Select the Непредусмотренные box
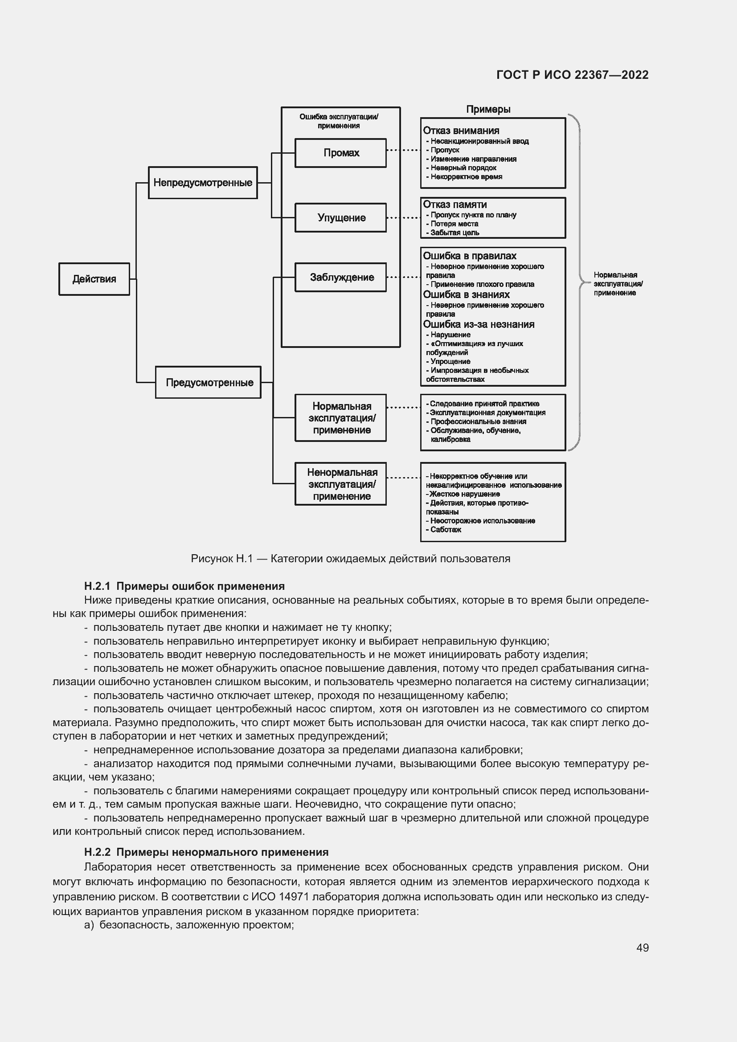point(202,183)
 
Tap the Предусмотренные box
point(208,382)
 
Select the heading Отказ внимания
point(461,131)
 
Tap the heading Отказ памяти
point(455,204)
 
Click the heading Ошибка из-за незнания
point(479,324)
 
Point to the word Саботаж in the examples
point(446,530)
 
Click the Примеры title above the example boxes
point(488,110)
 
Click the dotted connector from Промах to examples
point(403,150)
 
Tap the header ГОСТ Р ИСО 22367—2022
point(572,75)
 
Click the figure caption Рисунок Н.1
point(350,559)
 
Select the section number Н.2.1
point(97,586)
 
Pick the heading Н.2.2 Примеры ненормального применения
point(206,852)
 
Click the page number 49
point(642,948)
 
